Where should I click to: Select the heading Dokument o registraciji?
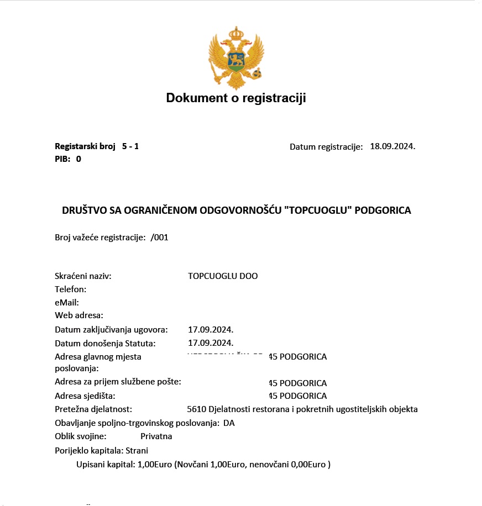pyautogui.click(x=235, y=98)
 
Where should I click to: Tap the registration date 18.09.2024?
pyautogui.click(x=392, y=146)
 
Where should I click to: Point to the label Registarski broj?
pyautogui.click(x=85, y=146)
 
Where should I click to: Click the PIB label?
pyautogui.click(x=62, y=159)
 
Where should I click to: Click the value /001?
pyautogui.click(x=159, y=238)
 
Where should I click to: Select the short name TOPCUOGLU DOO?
pyautogui.click(x=223, y=276)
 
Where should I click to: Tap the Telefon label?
pyautogui.click(x=71, y=289)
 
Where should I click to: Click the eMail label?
pyautogui.click(x=67, y=303)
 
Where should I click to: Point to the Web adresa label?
pyautogui.click(x=79, y=315)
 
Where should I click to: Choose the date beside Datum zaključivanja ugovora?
pyautogui.click(x=207, y=330)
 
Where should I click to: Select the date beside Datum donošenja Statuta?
pyautogui.click(x=207, y=343)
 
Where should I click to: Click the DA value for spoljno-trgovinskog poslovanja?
pyautogui.click(x=229, y=423)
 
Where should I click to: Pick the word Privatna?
pyautogui.click(x=156, y=436)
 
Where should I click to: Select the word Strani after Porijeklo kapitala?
pyautogui.click(x=137, y=450)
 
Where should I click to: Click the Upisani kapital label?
pyautogui.click(x=105, y=465)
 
